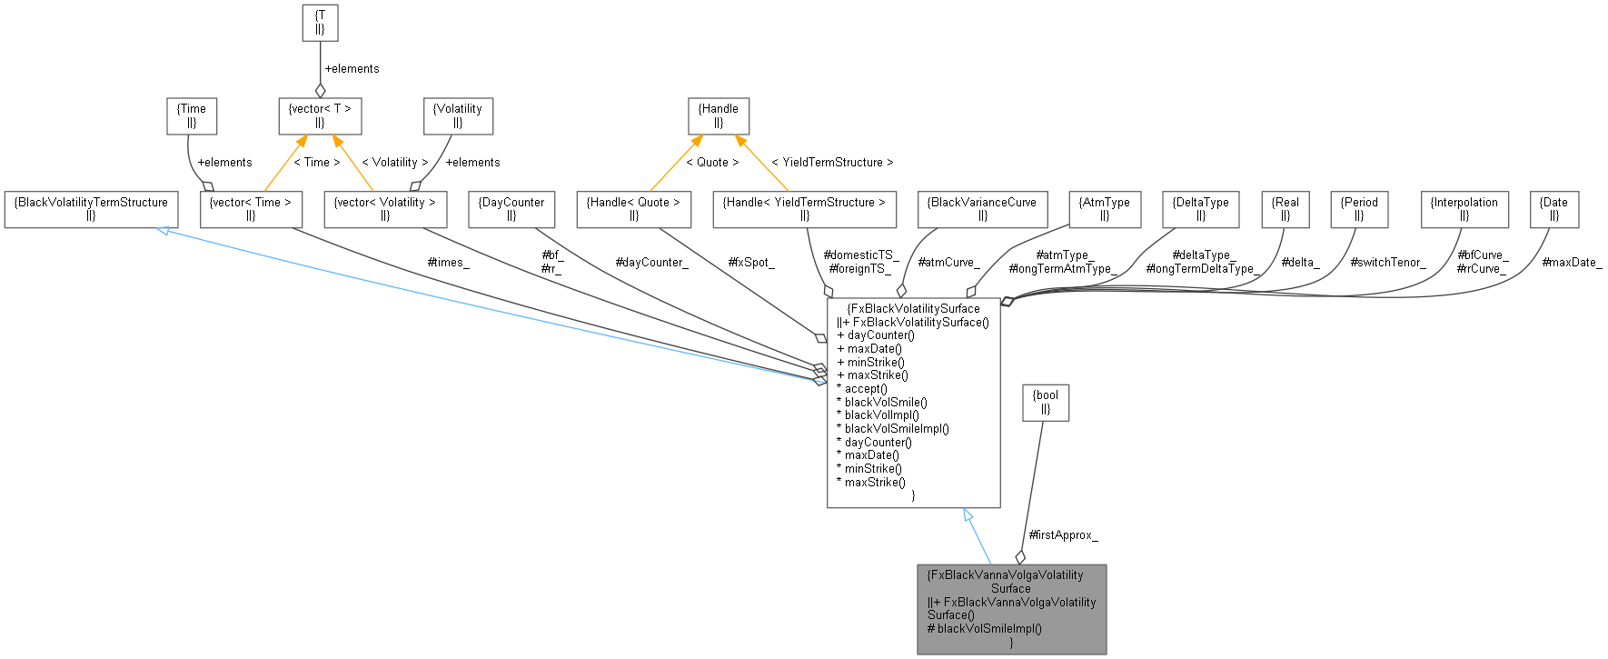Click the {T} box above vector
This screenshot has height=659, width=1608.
[319, 23]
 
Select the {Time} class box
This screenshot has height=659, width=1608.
[192, 115]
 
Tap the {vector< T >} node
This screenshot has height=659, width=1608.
[319, 115]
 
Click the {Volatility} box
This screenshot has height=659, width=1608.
[458, 115]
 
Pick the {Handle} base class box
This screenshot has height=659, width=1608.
[719, 115]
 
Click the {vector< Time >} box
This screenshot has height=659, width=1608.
[251, 209]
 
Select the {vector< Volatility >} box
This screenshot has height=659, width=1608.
[385, 209]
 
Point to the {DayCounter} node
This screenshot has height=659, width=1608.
[511, 209]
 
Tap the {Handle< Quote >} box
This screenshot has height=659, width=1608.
[634, 209]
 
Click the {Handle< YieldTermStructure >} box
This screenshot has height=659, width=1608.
[805, 209]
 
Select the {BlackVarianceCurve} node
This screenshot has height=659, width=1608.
[983, 209]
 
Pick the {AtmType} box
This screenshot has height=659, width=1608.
[1105, 209]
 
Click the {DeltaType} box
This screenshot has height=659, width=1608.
[1200, 209]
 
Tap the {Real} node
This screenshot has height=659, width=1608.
[1285, 209]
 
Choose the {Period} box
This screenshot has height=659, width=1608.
[1359, 209]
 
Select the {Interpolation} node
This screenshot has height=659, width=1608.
[1464, 209]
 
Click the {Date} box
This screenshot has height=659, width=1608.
[1553, 209]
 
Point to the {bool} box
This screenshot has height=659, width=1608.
[1046, 402]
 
